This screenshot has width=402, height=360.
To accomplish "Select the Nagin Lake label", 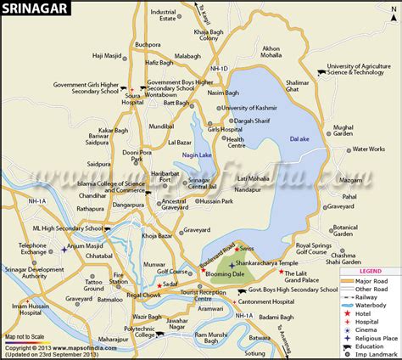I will tap(194, 156).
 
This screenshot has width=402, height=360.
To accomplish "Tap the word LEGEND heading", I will tap(371, 271).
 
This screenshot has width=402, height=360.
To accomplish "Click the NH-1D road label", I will tap(219, 67).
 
